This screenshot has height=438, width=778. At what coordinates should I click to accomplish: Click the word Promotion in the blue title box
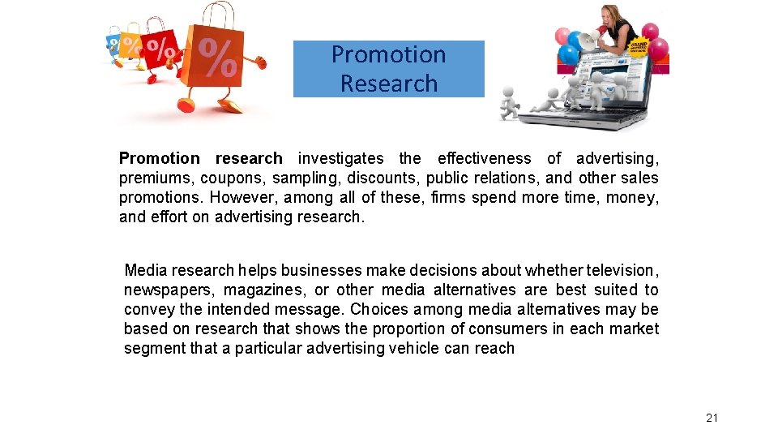388,54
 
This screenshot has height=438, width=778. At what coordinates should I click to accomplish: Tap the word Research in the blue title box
388,84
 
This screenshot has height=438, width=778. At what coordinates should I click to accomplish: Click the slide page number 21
712,418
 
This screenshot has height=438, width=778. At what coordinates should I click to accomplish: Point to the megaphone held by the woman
595,37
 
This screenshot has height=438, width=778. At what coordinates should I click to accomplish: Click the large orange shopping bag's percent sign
218,58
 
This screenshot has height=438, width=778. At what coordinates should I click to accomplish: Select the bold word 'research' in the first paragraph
249,158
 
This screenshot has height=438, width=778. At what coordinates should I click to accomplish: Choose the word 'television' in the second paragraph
622,270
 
